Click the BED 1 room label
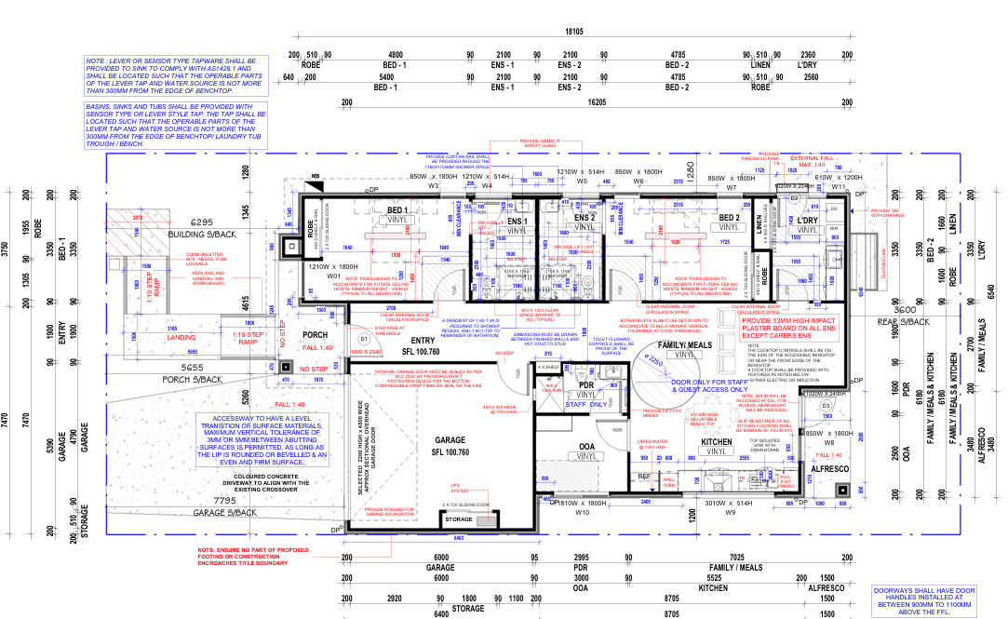click(x=398, y=211)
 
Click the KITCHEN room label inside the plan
click(x=717, y=442)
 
